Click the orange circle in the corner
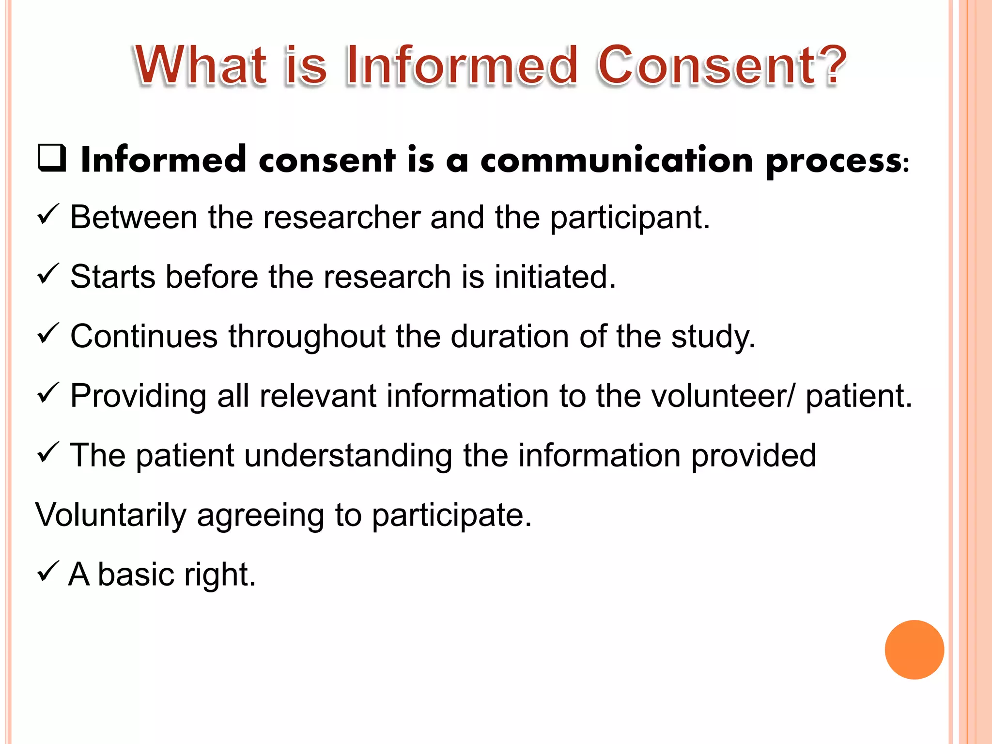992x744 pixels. coord(914,650)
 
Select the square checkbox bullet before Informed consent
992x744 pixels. coord(52,158)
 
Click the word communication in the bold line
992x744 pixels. coord(617,160)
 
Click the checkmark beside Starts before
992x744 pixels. coord(48,274)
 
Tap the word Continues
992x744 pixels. coord(144,337)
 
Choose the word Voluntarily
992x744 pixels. coord(111,515)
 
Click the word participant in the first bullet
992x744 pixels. coord(630,217)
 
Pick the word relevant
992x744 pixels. coord(318,396)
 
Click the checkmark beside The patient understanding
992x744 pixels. coord(48,452)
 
